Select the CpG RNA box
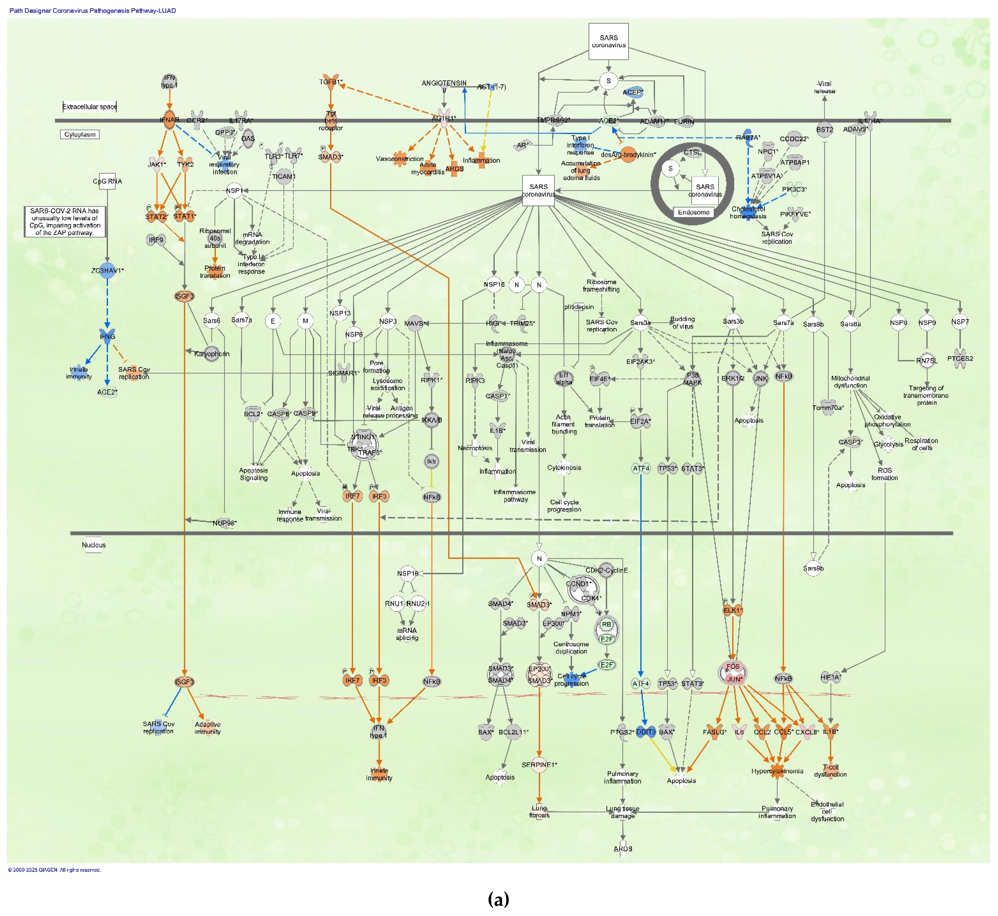(107, 181)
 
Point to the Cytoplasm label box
(80, 134)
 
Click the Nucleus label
(94, 545)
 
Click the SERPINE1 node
(539, 765)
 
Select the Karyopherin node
(212, 354)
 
